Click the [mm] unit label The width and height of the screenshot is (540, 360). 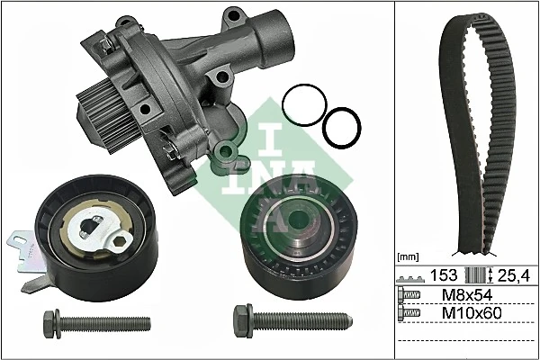tap(409, 256)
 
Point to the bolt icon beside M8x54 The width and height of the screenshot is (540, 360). tap(411, 294)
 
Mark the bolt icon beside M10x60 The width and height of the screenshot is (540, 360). tap(411, 311)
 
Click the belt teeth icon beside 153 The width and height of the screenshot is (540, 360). tap(412, 274)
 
